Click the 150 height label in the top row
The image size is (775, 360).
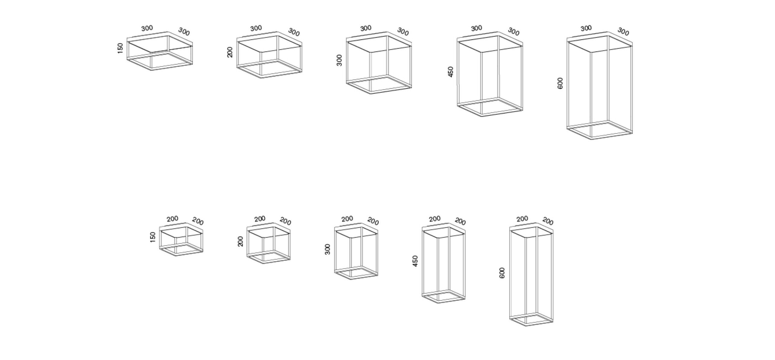121,48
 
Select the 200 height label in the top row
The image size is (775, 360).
230,52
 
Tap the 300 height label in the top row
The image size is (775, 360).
340,60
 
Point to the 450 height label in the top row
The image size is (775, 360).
451,72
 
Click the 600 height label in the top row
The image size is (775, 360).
560,83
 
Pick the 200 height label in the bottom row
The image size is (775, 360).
240,241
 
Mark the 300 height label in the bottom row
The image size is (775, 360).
328,249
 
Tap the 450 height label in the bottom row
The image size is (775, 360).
416,261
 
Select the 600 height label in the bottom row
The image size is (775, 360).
502,273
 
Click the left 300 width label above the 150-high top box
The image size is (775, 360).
147,28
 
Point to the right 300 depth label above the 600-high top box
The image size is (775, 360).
623,31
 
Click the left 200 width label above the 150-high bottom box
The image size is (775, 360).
172,219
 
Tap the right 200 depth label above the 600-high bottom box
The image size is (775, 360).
548,222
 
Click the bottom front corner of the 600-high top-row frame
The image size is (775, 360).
591,139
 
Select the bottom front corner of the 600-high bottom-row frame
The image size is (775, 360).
526,326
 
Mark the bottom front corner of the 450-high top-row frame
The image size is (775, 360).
482,116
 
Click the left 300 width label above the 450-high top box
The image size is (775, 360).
476,28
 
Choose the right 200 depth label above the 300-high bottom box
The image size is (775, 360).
373,222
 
